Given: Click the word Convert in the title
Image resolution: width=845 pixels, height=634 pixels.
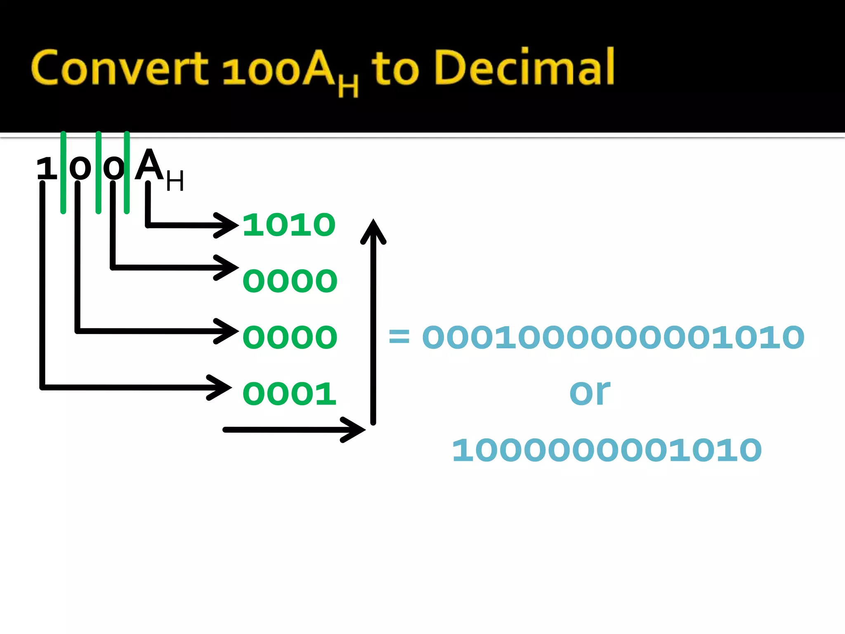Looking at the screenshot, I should point(120,68).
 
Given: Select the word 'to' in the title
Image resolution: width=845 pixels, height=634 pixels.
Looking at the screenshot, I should point(395,69).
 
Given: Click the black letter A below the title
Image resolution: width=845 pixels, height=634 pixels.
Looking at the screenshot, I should point(149,165).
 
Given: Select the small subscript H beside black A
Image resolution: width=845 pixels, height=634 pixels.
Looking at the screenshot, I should point(175,181).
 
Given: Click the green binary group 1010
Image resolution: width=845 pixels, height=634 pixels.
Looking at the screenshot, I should point(289,225).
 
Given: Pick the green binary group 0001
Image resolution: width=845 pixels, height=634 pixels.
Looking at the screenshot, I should point(289,393).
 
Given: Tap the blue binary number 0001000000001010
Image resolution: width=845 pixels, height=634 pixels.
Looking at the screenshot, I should point(613,337).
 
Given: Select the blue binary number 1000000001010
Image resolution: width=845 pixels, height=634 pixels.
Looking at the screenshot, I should point(607,450).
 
